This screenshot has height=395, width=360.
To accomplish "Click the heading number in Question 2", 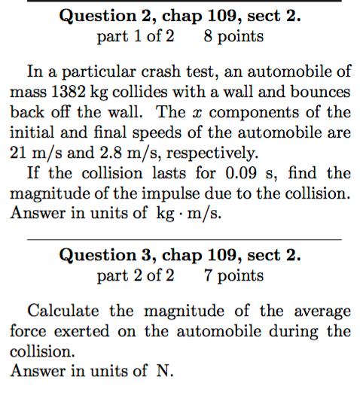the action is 141,16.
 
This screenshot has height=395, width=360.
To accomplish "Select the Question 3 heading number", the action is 141,255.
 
